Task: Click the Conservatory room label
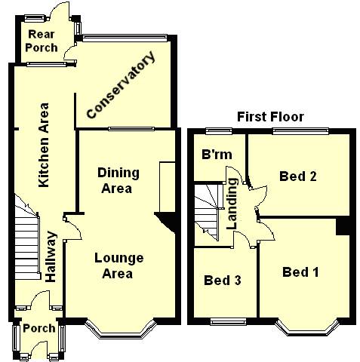coord(121,84)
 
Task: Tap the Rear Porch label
coord(42,41)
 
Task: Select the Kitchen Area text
coord(44,145)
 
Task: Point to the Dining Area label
coord(118,180)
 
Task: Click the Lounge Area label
coord(118,265)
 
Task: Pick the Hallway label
coord(51,256)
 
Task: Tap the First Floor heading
coord(270,117)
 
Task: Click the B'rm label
coord(217,155)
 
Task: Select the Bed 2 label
coord(298,176)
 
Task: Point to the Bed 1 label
coord(300,272)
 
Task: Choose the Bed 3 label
coord(223,280)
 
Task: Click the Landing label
coord(232,204)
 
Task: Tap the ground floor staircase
coord(27,237)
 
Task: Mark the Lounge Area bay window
coord(120,329)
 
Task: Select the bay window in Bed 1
coord(307,328)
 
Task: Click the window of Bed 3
coord(228,321)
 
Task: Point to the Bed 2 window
coord(301,131)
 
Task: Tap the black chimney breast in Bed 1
coord(343,226)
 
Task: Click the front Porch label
coord(39,328)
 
